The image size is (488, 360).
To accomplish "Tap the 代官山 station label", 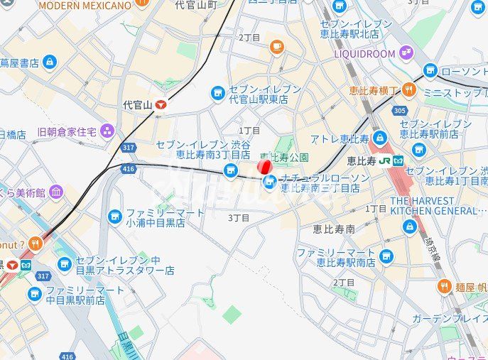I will coord(138,105).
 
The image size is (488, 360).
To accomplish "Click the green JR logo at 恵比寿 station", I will coord(385,160).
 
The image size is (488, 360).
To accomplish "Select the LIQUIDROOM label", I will coord(364,53).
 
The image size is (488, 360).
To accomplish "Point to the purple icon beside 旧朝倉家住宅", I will coord(107,131).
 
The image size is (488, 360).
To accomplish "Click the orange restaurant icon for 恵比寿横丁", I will coord(408,89).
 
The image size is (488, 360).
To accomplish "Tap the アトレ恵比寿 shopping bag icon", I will coord(379,137).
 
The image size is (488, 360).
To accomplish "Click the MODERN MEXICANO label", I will coord(85,6).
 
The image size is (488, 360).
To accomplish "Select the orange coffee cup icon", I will coord(276,47).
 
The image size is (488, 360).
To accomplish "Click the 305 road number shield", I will coord(399,110).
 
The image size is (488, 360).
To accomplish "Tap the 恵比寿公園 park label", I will coord(284,157).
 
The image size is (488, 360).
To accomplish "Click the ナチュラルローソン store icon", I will coord(270,183).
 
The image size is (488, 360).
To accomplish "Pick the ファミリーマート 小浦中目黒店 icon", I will coord(114,217).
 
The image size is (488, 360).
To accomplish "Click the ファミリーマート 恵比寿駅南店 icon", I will coord(386,256).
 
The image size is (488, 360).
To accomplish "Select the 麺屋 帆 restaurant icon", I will coord(444,286).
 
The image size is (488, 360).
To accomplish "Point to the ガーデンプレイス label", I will coord(450,318).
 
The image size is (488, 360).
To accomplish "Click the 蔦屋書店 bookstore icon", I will coord(49,62).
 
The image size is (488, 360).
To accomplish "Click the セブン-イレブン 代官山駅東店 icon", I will coord(218,94).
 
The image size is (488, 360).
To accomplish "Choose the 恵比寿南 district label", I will coord(334,229).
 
